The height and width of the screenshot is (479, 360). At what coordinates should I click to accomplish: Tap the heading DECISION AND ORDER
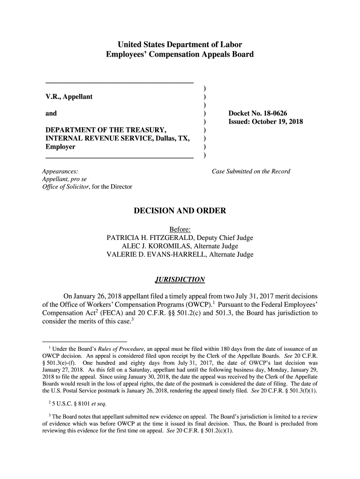coord(180,211)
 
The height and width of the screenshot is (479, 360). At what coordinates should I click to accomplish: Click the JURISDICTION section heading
coord(180,280)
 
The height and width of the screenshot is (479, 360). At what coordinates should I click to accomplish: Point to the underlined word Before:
coord(180,229)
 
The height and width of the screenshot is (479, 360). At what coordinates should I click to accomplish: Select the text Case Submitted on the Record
coord(251,171)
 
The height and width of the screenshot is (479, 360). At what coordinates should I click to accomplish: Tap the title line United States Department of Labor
coord(180,45)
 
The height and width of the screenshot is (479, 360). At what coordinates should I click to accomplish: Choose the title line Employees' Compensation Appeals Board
coord(180,54)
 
